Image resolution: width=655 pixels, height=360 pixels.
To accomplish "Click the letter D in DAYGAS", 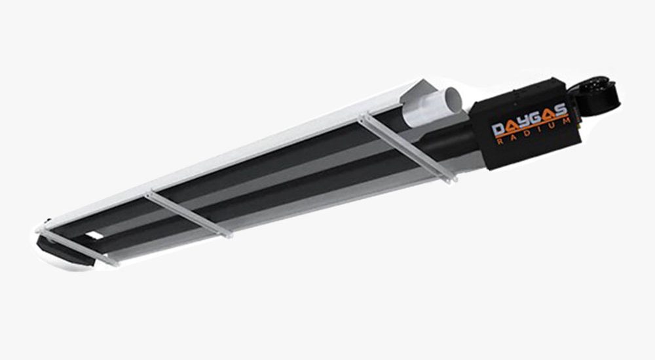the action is [x=498, y=130].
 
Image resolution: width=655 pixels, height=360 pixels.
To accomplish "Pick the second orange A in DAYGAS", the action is [x=548, y=115].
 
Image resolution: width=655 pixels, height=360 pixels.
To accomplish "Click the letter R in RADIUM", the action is [x=500, y=142].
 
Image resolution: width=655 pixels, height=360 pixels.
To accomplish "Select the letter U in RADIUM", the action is [x=552, y=126].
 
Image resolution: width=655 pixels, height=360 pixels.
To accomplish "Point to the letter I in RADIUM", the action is [x=540, y=130].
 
